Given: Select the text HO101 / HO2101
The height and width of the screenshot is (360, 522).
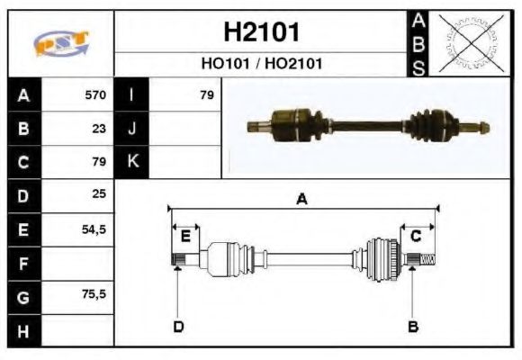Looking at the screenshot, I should coord(261,64).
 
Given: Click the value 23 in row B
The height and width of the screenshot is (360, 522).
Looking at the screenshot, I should coord(99,128).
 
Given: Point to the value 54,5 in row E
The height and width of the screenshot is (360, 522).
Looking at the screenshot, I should coord(94,229).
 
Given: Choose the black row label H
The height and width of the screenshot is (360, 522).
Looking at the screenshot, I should coord(23,330).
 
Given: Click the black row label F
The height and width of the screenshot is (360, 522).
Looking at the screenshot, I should coord(23,263).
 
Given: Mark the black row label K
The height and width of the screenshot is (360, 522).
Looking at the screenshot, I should coord(132,162).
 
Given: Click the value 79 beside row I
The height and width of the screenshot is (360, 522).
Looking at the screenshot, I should coord(206,94).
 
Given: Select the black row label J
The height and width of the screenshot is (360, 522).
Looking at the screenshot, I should coord(132,128).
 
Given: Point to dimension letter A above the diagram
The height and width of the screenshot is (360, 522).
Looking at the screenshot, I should coord(302,200).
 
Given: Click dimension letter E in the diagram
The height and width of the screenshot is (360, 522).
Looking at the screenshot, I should coord(185,236).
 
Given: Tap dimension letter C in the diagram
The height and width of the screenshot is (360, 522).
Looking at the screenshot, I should coord(416,236).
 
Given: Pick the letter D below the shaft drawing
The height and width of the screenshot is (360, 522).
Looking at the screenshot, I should coord(178,326).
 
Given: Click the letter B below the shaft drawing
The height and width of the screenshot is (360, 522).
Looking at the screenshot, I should coord(413,326).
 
